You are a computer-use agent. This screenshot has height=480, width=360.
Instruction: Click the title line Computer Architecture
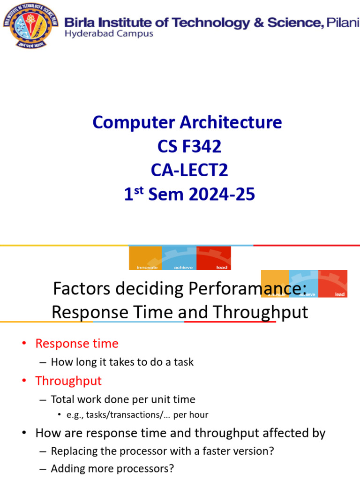187,123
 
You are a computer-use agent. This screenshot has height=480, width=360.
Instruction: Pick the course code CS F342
189,147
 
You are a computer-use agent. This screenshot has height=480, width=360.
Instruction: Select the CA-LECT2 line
189,171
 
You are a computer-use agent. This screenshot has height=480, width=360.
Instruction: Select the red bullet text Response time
77,344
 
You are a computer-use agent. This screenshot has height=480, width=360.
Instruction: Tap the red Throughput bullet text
68,381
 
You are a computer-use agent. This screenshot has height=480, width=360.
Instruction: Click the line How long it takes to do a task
122,362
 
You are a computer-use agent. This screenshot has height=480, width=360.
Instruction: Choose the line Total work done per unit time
123,399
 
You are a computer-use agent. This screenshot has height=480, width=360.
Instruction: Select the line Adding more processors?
112,468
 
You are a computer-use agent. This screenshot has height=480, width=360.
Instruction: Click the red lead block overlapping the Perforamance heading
333,284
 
